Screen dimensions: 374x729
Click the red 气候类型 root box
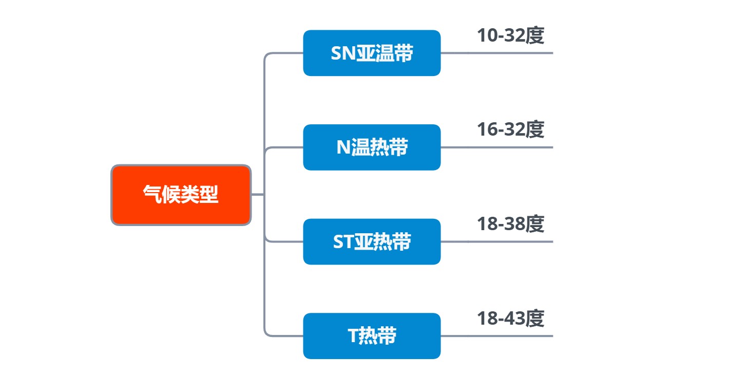point(181,195)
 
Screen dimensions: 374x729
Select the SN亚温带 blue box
point(372,53)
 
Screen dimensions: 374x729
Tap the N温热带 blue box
point(372,147)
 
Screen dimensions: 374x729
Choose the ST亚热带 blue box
point(372,241)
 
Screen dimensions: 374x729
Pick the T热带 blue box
point(372,336)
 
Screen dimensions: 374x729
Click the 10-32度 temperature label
point(510,36)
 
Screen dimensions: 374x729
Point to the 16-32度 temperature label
point(510,130)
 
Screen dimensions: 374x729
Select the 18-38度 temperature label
point(510,225)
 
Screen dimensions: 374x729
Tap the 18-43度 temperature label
point(510,319)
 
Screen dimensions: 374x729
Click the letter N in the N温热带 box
point(343,148)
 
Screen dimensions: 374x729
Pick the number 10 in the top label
point(486,36)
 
